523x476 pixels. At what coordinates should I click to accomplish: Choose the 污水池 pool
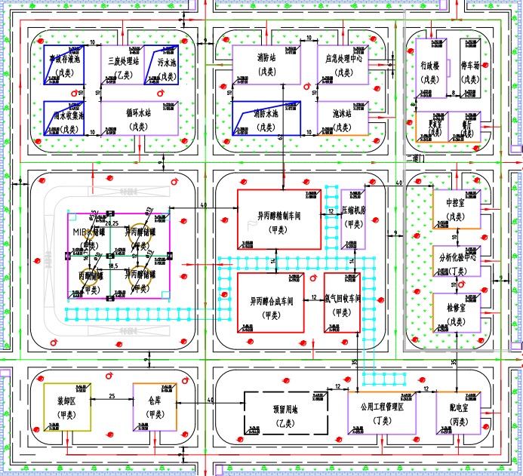click(167, 66)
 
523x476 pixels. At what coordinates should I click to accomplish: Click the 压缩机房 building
click(353, 219)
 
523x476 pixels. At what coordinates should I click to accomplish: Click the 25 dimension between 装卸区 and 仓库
click(112, 395)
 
